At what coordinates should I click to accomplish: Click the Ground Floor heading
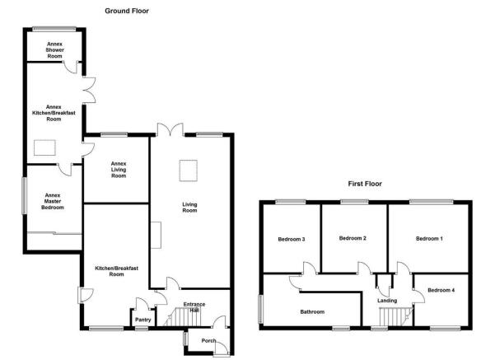[127, 11]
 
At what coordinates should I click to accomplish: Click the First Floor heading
[365, 184]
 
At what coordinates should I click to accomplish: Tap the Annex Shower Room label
[54, 50]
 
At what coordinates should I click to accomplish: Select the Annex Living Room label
[119, 170]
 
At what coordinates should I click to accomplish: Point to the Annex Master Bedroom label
[53, 201]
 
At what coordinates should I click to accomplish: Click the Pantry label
[143, 320]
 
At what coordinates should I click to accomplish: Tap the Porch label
[208, 341]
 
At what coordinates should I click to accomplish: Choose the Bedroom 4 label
[441, 290]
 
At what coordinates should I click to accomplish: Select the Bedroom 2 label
[353, 238]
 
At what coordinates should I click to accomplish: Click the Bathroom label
[312, 312]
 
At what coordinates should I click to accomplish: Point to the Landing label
[387, 301]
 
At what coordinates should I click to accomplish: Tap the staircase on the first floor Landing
[395, 316]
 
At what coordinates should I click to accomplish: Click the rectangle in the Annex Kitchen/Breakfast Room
[44, 147]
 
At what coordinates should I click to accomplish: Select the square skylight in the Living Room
[189, 171]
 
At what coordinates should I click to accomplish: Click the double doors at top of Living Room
[170, 129]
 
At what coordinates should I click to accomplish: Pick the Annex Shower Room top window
[54, 29]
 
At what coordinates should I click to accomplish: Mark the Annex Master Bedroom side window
[25, 196]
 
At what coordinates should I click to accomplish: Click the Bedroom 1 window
[432, 202]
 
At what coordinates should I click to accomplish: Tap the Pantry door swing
[142, 303]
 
